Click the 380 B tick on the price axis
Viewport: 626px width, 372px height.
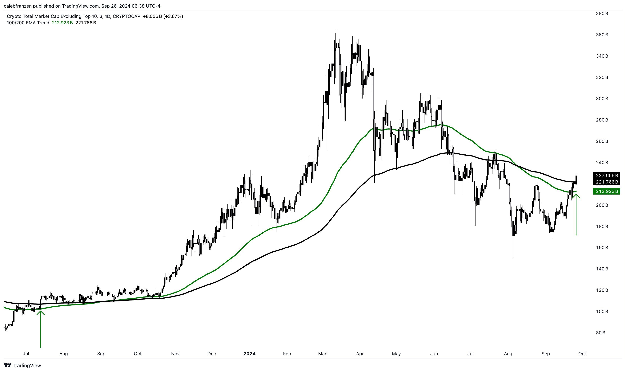(602, 14)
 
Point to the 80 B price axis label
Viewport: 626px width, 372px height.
(600, 333)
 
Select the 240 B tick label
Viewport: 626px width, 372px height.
(602, 162)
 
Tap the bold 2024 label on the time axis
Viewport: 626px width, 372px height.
(249, 354)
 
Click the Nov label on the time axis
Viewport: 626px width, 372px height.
(175, 354)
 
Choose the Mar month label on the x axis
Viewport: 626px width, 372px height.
(322, 354)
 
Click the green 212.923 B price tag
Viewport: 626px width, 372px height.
(606, 191)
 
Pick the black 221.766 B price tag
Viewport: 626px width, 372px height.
(606, 182)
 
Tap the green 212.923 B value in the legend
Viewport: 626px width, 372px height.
(62, 23)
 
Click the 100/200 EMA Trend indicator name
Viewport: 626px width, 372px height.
(28, 23)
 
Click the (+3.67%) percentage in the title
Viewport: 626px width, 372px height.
(173, 16)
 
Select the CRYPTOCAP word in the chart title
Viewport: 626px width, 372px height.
(126, 16)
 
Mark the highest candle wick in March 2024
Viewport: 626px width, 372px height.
(338, 28)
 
